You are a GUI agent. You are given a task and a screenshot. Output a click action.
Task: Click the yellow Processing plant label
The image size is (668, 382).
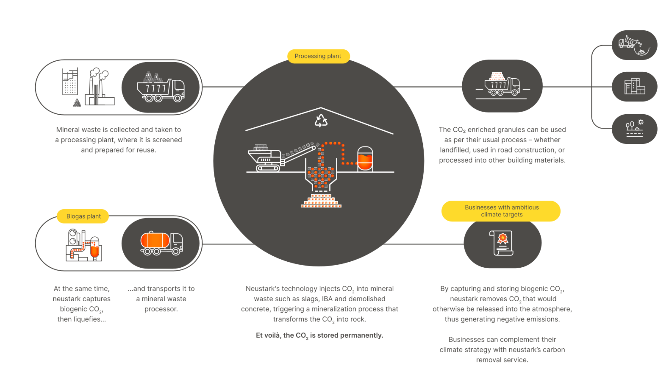(318, 56)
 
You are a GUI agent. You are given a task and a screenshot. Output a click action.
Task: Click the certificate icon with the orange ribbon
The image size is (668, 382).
(501, 243)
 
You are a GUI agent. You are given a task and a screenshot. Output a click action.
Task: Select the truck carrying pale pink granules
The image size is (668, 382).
(502, 84)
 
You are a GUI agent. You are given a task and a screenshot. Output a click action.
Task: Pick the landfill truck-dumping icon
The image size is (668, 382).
(634, 45)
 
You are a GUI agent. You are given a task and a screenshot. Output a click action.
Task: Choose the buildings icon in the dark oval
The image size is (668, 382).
(634, 86)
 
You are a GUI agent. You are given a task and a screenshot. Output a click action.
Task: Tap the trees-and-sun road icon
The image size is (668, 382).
(634, 128)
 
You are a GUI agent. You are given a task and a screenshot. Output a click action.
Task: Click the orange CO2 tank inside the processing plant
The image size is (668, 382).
(365, 159)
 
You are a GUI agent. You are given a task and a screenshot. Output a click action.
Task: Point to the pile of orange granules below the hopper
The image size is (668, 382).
(321, 201)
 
